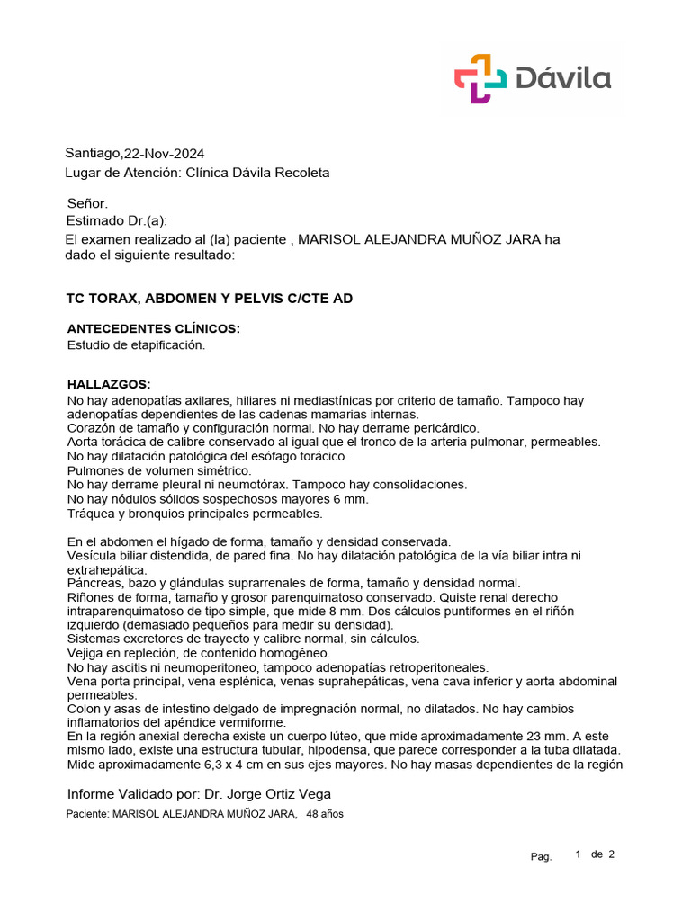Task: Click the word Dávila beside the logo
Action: [x=564, y=78]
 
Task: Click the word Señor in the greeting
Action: [x=87, y=204]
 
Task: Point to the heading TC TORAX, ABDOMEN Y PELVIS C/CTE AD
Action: [x=210, y=298]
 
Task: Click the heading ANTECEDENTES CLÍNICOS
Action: [x=154, y=328]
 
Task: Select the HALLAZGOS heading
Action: [x=109, y=384]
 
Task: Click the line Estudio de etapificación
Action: [x=137, y=344]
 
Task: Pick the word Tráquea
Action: [x=94, y=513]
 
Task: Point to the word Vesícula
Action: [x=94, y=556]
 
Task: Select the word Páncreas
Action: [x=96, y=583]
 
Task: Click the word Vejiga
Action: [x=88, y=653]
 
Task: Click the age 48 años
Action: [x=325, y=814]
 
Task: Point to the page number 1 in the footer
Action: [x=579, y=854]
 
